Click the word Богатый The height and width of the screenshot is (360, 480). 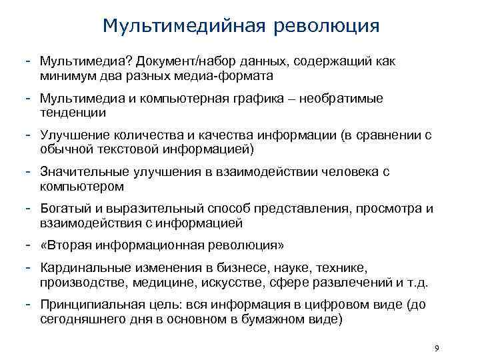point(63,209)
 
